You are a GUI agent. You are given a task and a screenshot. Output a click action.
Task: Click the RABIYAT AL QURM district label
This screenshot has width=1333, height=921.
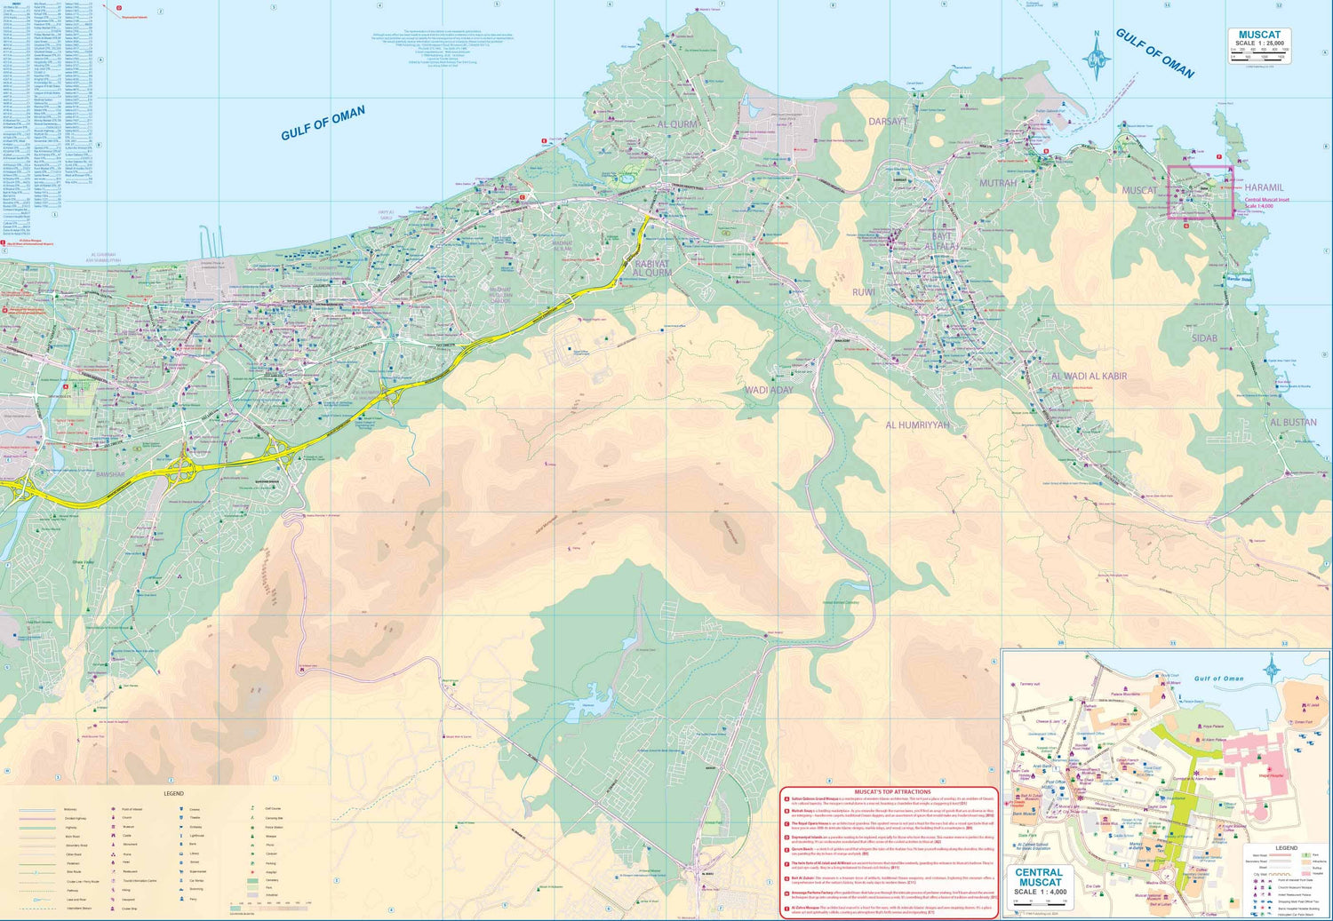click(x=652, y=268)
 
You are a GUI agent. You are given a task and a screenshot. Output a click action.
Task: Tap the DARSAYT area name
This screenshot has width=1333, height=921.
click(x=887, y=122)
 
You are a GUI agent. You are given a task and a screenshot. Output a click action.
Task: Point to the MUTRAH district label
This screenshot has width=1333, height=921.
click(x=997, y=184)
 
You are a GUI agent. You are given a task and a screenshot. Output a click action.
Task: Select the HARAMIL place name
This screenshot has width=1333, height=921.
click(x=1264, y=188)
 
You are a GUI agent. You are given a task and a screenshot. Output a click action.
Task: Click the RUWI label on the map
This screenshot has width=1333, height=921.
click(x=863, y=292)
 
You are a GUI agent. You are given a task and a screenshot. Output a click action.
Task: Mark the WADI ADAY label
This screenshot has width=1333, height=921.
click(x=769, y=390)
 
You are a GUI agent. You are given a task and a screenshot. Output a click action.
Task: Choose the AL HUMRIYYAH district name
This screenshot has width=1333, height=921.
click(x=917, y=425)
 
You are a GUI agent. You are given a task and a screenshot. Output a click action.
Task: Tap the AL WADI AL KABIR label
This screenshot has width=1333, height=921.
click(x=1089, y=377)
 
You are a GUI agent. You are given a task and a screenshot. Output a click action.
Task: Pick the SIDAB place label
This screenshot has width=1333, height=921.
click(x=1204, y=338)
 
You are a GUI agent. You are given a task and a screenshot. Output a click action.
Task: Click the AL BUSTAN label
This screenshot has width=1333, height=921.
click(x=1293, y=423)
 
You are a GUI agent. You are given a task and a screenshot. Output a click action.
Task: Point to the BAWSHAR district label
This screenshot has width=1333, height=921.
click(x=110, y=475)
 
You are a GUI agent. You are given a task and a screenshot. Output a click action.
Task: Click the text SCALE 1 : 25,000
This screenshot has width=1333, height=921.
click(x=1259, y=44)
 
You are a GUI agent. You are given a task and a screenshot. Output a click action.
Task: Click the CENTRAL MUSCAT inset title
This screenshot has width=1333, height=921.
click(x=1039, y=877)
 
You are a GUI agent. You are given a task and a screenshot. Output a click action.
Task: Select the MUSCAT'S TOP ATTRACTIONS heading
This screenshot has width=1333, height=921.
click(x=892, y=791)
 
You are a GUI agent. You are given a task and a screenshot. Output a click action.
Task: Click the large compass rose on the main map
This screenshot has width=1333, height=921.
click(x=1097, y=58)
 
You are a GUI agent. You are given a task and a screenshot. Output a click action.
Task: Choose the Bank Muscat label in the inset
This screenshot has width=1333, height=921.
click(x=1024, y=814)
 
